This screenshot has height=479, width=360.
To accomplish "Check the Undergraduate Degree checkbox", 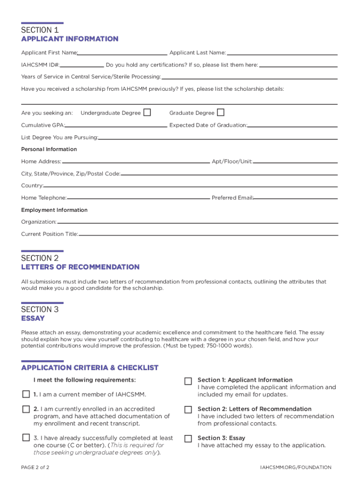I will click(147, 112).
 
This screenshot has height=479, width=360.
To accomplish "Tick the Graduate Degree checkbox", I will click(221, 112).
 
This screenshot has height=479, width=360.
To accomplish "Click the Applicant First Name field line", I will click(122, 52).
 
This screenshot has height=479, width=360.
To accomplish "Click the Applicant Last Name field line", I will click(282, 52).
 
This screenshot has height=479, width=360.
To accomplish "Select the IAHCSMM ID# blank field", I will click(82, 65).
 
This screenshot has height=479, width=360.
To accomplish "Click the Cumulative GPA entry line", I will click(116, 125).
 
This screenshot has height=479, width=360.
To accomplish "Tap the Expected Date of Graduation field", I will click(292, 125).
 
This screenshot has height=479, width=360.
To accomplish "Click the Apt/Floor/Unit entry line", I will click(295, 161).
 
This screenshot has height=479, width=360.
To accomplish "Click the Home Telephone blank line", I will click(138, 198).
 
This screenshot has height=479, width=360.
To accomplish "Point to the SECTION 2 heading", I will click(40, 258).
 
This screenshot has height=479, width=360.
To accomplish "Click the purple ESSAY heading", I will click(33, 319).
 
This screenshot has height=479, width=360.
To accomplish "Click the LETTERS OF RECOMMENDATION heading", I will click(80, 267).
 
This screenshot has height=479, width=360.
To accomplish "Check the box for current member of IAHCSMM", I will click(26, 394).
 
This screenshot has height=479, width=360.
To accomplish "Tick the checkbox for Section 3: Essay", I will click(188, 439).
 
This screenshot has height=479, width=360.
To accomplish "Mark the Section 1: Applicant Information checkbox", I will click(188, 381).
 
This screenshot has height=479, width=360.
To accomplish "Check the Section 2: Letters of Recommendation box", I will click(188, 410).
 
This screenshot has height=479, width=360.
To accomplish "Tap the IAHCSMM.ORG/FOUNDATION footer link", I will click(295, 467).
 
